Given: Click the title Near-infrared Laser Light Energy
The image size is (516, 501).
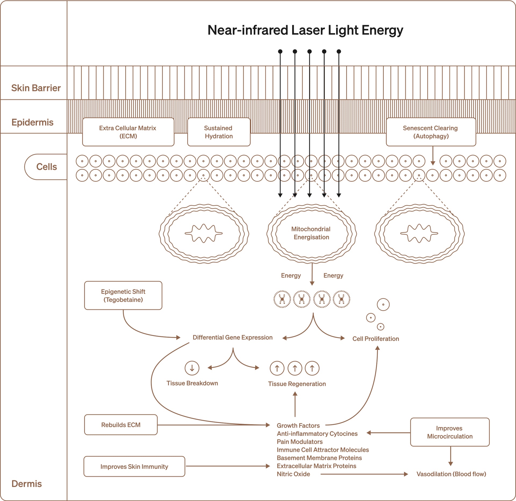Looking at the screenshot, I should point(305,30).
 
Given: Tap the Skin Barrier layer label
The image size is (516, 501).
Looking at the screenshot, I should point(36,88).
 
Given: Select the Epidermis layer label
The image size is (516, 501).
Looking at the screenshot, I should point(33,122).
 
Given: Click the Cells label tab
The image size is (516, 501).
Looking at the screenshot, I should point(46,167).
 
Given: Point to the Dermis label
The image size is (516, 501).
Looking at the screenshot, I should point(27,484).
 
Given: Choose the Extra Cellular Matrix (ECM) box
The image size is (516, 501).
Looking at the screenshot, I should point(128,132).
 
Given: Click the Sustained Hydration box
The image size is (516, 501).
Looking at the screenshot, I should point(218,132).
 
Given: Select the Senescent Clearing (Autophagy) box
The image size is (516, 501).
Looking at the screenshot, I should point(431,132).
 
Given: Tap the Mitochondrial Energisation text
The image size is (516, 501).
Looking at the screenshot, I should point(311,233).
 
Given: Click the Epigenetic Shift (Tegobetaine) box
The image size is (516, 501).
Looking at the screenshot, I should point(123,295).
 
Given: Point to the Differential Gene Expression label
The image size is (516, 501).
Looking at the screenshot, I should point(232,337).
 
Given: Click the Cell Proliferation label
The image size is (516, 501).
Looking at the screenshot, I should point(375,339).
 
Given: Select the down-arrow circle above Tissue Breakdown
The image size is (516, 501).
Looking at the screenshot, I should point(192,368).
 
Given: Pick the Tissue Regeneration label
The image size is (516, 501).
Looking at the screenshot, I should point(297,384).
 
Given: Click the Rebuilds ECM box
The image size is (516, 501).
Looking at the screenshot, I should point(121,425).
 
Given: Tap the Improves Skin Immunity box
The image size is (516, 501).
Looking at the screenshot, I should point(134,467).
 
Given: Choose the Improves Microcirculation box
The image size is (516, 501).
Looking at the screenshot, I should point(450,432).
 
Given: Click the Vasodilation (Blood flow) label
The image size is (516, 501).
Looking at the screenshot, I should point(451,474).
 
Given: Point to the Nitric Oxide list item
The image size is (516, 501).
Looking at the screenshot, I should point(293,474).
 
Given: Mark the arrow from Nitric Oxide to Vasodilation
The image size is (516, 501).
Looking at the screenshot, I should point(364,474).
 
